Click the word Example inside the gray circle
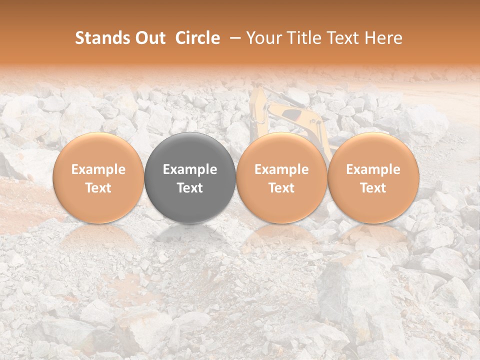(x=190, y=169)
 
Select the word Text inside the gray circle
(x=190, y=188)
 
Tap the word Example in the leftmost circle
(x=98, y=169)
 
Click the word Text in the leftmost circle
(x=98, y=188)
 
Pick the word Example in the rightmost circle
(x=373, y=169)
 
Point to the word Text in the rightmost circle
(x=373, y=188)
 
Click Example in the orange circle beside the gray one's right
(x=281, y=169)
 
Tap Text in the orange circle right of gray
(x=281, y=188)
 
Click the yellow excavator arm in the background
(x=290, y=112)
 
